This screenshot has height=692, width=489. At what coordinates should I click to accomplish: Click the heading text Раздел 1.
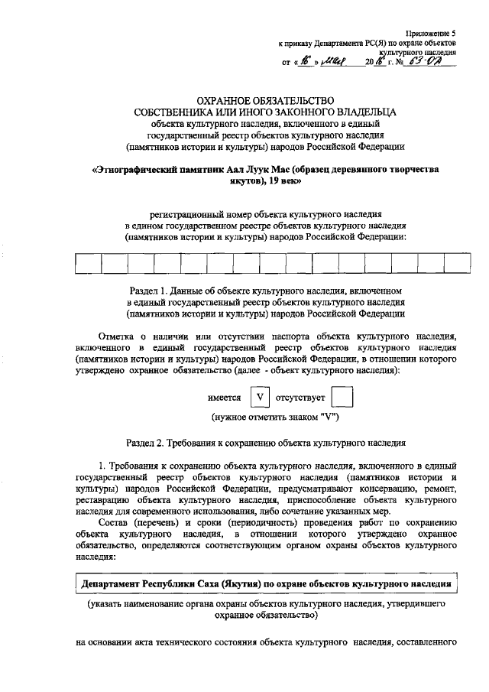(x=156, y=292)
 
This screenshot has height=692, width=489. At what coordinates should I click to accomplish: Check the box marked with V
(x=261, y=398)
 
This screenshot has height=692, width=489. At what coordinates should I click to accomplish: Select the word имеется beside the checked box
(x=225, y=398)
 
